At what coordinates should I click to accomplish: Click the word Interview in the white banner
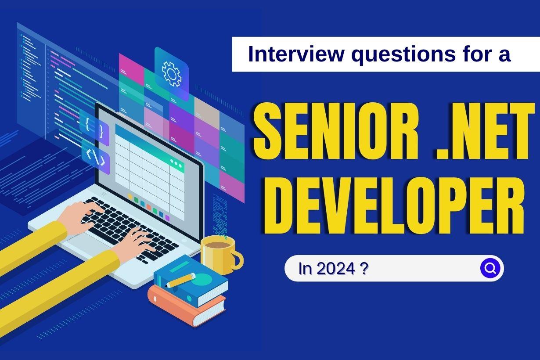tap(296, 54)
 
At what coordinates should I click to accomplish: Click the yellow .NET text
tap(485, 131)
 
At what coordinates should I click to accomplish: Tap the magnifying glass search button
tap(490, 268)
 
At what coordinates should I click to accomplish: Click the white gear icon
tap(172, 74)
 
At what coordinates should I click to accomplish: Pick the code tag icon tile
tap(96, 157)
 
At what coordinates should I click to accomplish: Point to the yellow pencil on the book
tap(180, 280)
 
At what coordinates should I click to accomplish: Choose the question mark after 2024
tap(364, 269)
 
